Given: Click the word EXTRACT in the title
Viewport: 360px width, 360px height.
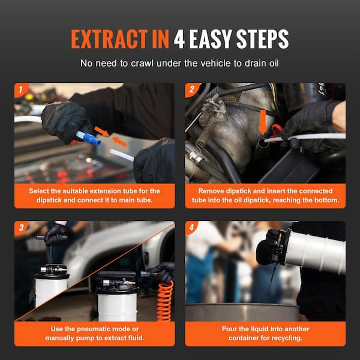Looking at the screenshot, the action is (x=109, y=39).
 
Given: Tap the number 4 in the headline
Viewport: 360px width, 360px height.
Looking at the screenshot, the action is (x=179, y=39).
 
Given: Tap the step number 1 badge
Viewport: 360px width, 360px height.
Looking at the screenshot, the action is (x=20, y=90).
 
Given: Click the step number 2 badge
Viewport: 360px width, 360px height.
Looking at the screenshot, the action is (x=192, y=89).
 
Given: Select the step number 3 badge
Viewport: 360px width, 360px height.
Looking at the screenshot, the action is (x=21, y=227).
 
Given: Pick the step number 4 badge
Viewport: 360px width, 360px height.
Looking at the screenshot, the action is (x=191, y=227).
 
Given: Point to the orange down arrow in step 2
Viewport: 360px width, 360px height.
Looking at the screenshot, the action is (x=262, y=122).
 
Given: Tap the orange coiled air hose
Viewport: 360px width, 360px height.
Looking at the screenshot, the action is (x=165, y=301).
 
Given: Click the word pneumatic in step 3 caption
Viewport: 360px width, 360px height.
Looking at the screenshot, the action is (x=108, y=329).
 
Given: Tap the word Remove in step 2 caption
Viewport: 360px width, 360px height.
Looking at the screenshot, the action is (x=211, y=191).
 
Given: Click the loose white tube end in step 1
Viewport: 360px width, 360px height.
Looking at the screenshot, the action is (x=122, y=155).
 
